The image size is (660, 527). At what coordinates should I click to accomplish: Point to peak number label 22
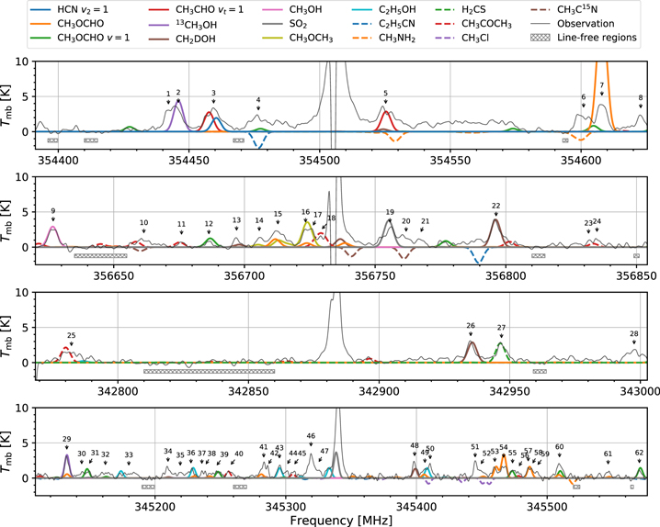point(495,206)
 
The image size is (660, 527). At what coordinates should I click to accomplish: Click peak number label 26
point(471,325)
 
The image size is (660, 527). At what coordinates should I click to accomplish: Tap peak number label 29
point(66,440)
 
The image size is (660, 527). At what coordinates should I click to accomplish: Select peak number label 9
point(53,211)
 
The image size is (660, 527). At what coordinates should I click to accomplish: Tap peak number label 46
point(311,436)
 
